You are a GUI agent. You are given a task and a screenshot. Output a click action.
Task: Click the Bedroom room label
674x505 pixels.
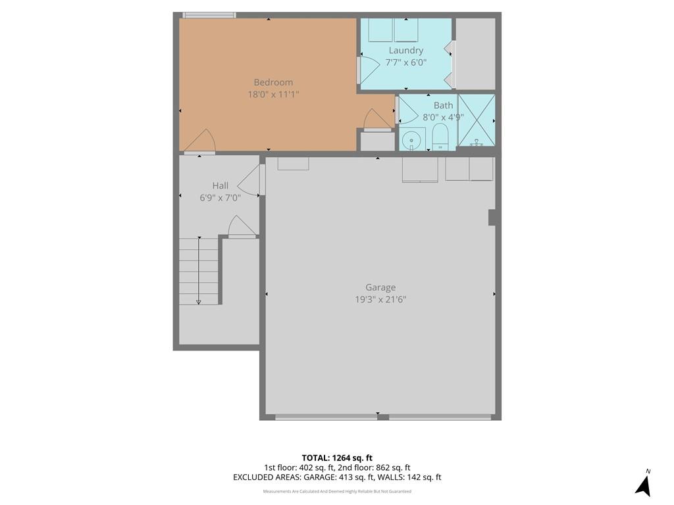(273, 82)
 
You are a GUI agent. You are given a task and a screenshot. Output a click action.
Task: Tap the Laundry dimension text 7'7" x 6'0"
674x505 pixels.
(405, 62)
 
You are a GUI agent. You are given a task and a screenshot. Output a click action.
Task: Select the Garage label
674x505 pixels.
(380, 288)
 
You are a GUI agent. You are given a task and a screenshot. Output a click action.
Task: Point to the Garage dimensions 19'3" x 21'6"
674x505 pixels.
(380, 299)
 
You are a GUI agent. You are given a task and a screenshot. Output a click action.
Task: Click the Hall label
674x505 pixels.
(220, 185)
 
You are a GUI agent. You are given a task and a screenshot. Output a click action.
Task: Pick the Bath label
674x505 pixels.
(443, 105)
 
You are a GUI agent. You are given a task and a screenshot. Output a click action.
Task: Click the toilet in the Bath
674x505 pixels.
(440, 137)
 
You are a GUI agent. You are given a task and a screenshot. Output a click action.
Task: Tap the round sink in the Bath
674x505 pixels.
(412, 140)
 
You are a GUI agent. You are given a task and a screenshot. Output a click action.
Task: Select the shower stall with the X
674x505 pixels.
(477, 120)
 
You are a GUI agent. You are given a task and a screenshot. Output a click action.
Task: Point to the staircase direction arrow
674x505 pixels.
(199, 270)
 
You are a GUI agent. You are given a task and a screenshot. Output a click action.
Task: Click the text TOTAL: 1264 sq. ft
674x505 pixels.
(337, 458)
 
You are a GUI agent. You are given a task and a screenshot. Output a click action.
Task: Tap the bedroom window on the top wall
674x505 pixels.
(209, 15)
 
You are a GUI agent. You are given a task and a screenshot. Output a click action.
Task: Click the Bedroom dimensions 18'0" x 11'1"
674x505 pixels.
(273, 94)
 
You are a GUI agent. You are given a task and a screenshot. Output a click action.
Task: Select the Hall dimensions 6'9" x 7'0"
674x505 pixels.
(220, 198)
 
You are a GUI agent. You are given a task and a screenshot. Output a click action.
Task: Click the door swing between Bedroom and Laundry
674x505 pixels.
(369, 69)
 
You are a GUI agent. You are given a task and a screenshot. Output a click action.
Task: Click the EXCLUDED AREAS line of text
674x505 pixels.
(337, 477)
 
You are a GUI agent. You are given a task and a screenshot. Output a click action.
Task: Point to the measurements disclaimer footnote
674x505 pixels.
(337, 491)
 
